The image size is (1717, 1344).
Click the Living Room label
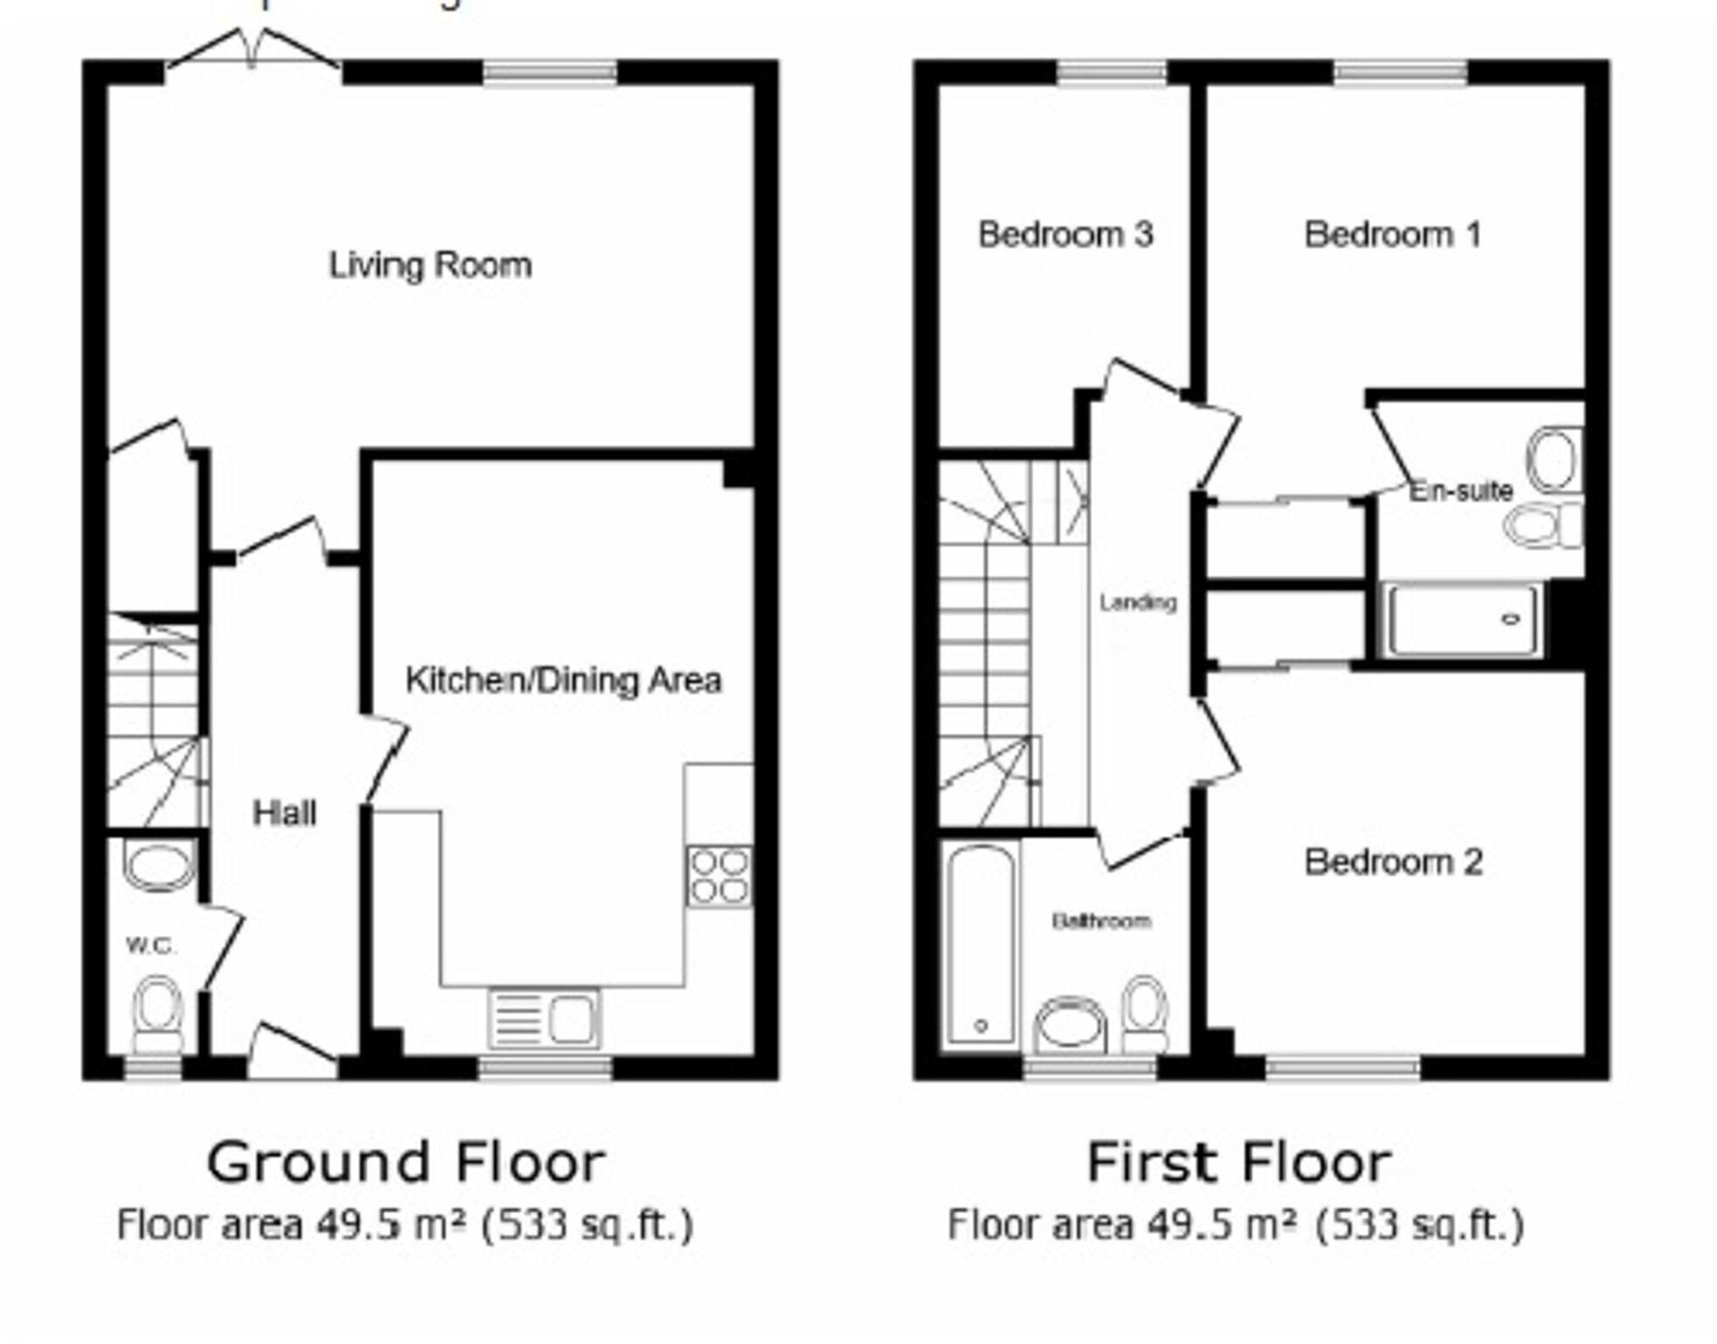(x=430, y=265)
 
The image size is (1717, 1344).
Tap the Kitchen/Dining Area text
(x=563, y=680)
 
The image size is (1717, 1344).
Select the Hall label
(x=284, y=814)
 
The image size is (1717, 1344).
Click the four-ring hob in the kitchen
(x=719, y=876)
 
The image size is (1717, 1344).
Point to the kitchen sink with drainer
(x=544, y=1018)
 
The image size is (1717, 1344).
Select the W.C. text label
(x=151, y=945)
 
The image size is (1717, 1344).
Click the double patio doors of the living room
(x=252, y=52)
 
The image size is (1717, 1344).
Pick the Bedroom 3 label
(x=1065, y=235)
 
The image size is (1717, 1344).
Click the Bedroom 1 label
(x=1392, y=235)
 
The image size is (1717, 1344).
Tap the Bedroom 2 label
(x=1393, y=863)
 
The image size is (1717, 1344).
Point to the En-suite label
(x=1460, y=491)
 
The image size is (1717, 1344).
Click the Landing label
(x=1137, y=603)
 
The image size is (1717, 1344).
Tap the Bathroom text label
(x=1100, y=920)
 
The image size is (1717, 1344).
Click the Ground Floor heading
(x=405, y=1162)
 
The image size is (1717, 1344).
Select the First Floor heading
(x=1238, y=1162)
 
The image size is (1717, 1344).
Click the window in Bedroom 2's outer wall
(x=1342, y=1066)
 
